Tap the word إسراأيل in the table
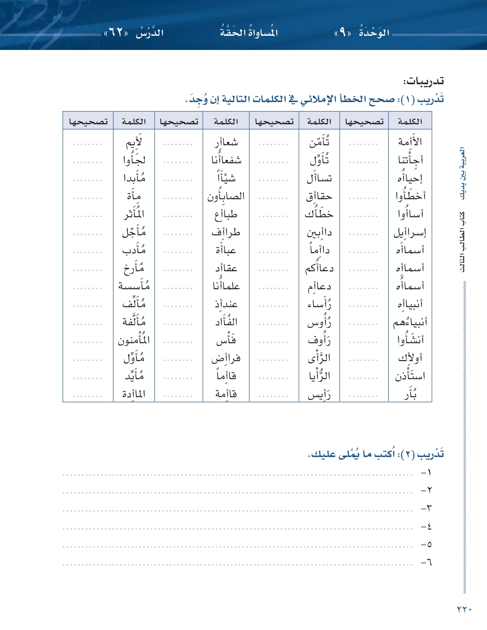pyautogui.click(x=410, y=233)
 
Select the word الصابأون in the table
pyautogui.click(x=226, y=196)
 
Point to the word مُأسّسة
pyautogui.click(x=134, y=286)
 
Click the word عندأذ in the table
pyautogui.click(x=226, y=304)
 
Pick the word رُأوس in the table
pyautogui.click(x=319, y=323)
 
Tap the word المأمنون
pyautogui.click(x=134, y=340)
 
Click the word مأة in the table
pyautogui.click(x=134, y=196)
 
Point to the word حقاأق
pyautogui.click(x=319, y=196)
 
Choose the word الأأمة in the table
pyautogui.click(x=410, y=142)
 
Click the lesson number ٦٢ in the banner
pyautogui.click(x=116, y=32)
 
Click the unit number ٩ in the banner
pyautogui.click(x=342, y=32)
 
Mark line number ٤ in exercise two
pyautogui.click(x=427, y=526)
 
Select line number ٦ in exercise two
pyautogui.click(x=427, y=562)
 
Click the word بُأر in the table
pyautogui.click(x=410, y=394)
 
